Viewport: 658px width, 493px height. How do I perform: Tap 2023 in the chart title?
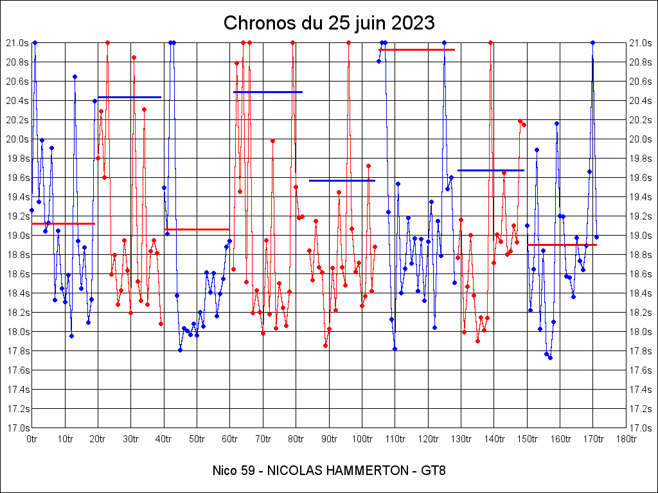pos(413,23)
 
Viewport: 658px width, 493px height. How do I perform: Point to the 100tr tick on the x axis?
pos(362,439)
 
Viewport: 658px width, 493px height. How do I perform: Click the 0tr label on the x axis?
pos(32,439)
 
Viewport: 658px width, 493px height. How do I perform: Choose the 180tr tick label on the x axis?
pos(626,439)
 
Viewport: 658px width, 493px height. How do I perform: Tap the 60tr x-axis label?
pos(230,439)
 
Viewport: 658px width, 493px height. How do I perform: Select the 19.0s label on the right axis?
pos(641,236)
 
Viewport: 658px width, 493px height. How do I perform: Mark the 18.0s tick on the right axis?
pos(641,332)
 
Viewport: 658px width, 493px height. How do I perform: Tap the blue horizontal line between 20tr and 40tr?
pos(129,97)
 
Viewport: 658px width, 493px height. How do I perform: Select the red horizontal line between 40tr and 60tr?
pos(197,229)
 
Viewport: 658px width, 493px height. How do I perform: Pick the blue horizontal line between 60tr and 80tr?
pos(267,92)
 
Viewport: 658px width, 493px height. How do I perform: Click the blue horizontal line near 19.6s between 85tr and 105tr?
pos(342,180)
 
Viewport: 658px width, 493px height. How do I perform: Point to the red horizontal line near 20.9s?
pos(416,49)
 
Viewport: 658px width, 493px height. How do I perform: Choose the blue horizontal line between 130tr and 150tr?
pos(491,170)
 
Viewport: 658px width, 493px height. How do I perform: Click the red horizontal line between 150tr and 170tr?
pos(562,245)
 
